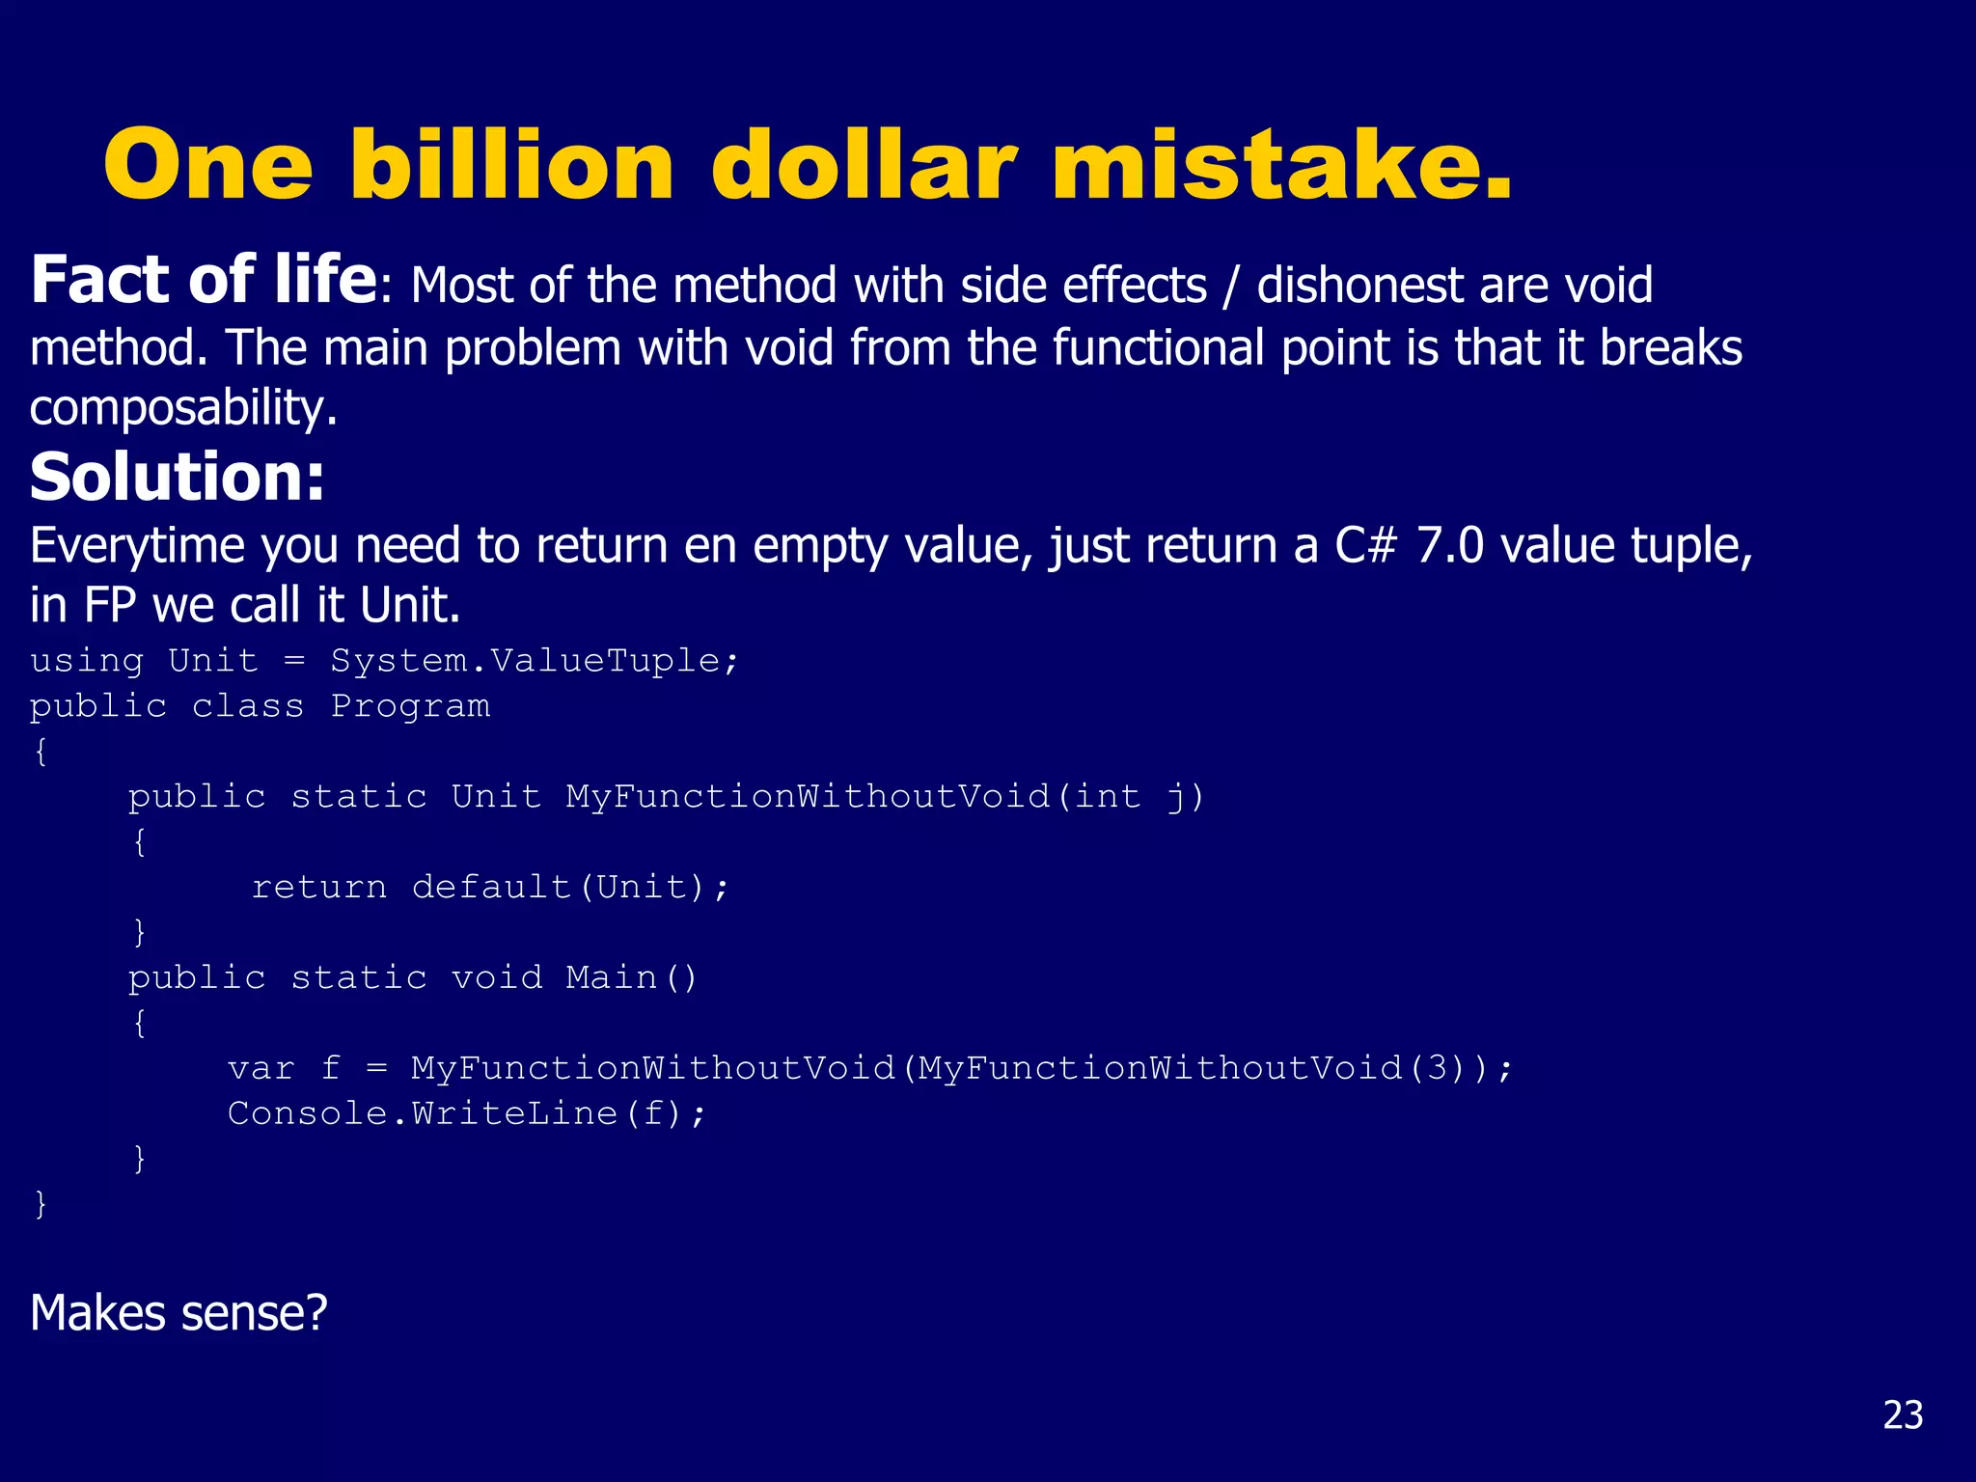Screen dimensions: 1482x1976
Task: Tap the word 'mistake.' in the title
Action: point(1281,166)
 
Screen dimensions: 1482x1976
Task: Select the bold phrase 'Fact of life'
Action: point(203,281)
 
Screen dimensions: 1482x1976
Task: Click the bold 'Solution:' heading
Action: point(177,478)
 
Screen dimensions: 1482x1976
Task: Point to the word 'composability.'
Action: point(183,408)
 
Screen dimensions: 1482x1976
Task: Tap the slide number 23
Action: point(1903,1414)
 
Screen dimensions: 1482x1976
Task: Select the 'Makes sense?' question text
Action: point(178,1313)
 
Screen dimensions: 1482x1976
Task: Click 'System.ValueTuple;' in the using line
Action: point(535,661)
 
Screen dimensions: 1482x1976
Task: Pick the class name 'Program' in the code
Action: point(410,706)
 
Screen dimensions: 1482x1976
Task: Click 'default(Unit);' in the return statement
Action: point(570,887)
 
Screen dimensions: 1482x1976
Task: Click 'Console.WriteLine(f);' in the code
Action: point(467,1113)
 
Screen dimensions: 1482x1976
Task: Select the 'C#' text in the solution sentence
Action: point(1365,546)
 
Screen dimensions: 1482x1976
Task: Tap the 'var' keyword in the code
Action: point(261,1068)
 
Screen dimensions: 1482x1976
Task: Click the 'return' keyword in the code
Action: point(318,887)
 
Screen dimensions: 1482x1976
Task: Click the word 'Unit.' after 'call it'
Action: point(410,606)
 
